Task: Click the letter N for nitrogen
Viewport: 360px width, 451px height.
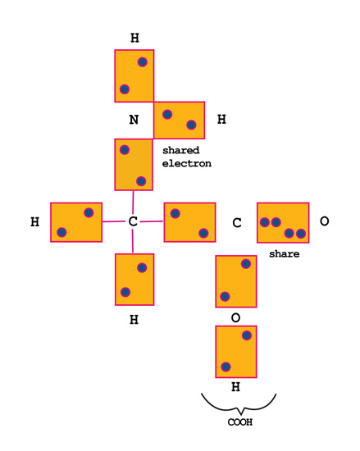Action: [x=134, y=120]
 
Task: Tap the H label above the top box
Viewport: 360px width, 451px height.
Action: [x=134, y=38]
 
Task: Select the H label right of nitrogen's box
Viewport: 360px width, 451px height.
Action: [x=221, y=119]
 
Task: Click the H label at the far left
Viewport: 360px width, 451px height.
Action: [x=34, y=221]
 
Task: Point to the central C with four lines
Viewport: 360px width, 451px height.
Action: [x=133, y=221]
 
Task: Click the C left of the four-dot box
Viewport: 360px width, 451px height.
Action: [x=237, y=223]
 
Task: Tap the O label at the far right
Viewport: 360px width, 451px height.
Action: [x=325, y=221]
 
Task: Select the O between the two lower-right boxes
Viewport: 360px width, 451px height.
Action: [x=236, y=318]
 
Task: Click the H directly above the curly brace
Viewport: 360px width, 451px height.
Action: [x=236, y=387]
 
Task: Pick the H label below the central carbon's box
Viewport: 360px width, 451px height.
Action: [x=134, y=320]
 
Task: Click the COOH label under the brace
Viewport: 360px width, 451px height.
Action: [x=240, y=422]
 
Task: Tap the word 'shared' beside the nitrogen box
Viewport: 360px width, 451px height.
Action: [x=181, y=150]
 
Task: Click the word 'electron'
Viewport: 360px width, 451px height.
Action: [x=187, y=163]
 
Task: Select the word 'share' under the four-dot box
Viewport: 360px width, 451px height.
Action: [x=285, y=254]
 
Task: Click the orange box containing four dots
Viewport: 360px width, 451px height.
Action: [x=283, y=223]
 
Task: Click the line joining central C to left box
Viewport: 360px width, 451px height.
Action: [x=115, y=221]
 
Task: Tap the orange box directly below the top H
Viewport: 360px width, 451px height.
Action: [x=134, y=76]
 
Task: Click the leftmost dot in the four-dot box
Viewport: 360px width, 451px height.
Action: [x=265, y=222]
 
